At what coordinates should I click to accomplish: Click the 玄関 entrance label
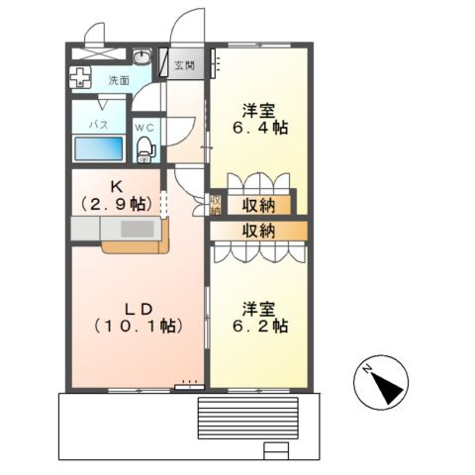coord(184,65)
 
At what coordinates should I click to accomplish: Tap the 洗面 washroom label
coord(119,80)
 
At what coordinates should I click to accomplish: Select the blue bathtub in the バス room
coord(99,148)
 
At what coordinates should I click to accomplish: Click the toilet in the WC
coord(144,149)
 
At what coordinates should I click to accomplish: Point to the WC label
coord(144,128)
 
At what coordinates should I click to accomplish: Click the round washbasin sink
coord(142,56)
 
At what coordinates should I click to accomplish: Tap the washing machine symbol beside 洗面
coord(80,77)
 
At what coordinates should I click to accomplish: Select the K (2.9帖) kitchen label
coord(116,197)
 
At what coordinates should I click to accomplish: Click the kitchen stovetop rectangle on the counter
coord(138,229)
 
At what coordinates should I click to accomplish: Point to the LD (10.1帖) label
coord(139,318)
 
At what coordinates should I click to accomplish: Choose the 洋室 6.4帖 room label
coord(259,119)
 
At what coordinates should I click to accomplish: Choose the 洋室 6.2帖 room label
coord(259,317)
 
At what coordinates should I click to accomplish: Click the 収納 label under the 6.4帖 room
coord(258,206)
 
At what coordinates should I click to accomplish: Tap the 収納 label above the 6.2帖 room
coord(258,231)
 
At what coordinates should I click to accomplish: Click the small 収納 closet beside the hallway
coord(216,204)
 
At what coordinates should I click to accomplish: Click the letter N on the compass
coord(366,369)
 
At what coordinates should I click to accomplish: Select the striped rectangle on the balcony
coord(247,418)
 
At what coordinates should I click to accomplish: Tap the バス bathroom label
coord(99,125)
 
